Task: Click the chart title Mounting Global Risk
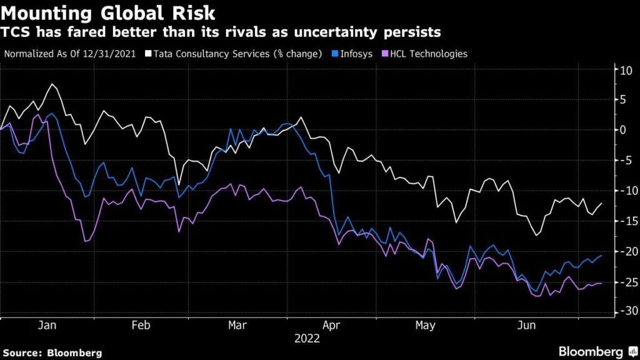coord(110,13)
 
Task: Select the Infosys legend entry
coord(356,54)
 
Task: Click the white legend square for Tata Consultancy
coord(149,54)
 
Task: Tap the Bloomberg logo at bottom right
coord(591,351)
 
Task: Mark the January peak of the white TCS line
coord(52,84)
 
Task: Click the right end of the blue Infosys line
coord(602,255)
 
